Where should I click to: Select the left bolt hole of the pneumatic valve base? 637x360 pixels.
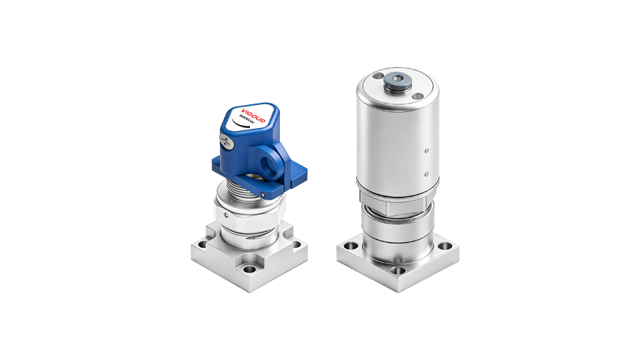click(350, 247)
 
